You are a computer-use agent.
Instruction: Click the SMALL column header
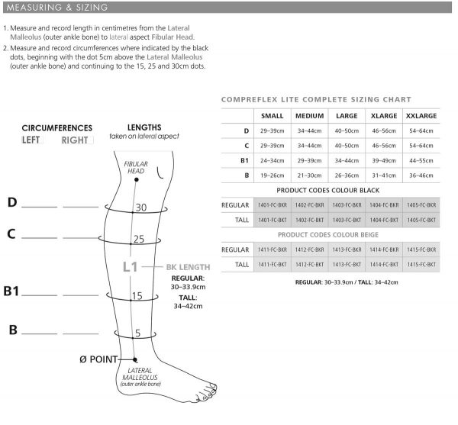[x=272, y=116]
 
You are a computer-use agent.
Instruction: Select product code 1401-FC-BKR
[x=272, y=205]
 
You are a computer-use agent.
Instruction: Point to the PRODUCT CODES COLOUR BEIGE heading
[x=328, y=235]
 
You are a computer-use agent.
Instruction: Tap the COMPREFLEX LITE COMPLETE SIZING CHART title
[x=315, y=99]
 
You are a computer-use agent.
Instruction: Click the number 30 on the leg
[x=140, y=207]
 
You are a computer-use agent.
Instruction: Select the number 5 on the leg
[x=137, y=333]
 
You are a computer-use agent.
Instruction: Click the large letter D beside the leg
[x=11, y=202]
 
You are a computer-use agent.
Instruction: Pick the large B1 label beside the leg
[x=13, y=291]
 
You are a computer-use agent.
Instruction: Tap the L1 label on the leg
[x=131, y=267]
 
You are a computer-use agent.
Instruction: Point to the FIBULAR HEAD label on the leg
[x=135, y=168]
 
